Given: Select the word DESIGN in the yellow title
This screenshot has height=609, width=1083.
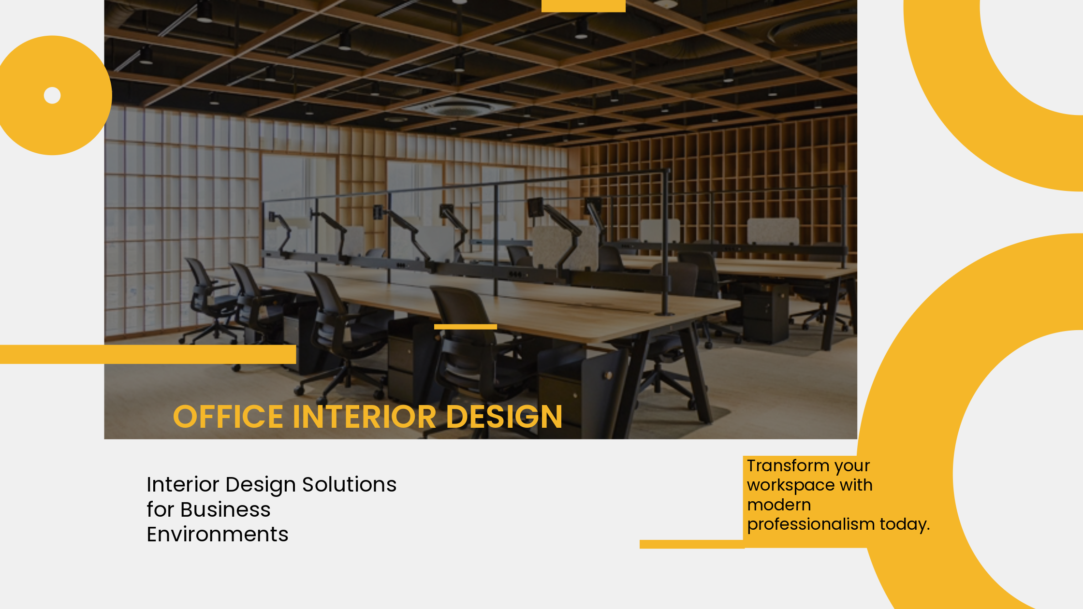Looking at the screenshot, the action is pos(504,417).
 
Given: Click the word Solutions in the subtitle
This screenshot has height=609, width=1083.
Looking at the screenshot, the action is pos(349,484).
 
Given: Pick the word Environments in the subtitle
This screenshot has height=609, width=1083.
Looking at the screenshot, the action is pos(218,534).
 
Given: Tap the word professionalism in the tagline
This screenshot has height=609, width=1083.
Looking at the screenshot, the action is pos(811,524).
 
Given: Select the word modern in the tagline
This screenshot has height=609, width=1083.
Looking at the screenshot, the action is pos(779,505).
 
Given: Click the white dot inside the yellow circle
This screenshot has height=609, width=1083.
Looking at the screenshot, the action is pos(52,95).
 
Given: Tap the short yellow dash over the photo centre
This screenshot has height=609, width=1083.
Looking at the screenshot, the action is pos(466,327).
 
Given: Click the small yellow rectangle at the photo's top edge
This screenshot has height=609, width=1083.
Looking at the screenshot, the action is pos(584,6).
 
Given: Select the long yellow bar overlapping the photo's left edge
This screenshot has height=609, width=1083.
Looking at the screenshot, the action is pos(148,354).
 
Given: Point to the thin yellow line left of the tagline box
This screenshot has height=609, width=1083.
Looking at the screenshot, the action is pos(692,544).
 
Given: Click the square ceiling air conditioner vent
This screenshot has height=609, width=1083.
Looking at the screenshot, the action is pos(457,106).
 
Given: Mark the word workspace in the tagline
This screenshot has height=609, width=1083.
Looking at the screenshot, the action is pos(790,485).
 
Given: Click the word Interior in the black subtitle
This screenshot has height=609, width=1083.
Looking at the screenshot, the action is pos(183,484).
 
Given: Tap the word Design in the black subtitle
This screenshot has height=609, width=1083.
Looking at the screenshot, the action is pos(261,484).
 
